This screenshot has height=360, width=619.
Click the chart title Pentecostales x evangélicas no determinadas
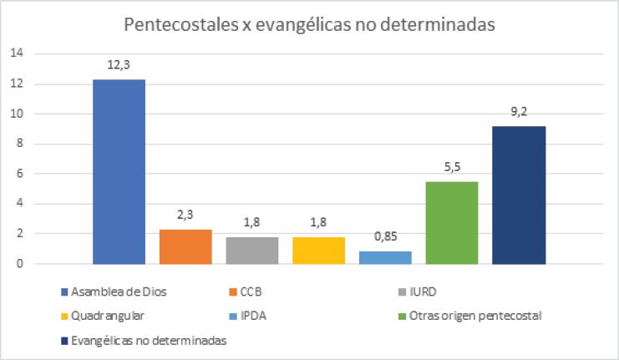[x=310, y=24]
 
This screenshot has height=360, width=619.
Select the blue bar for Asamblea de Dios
[x=119, y=171]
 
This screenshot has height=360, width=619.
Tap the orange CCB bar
[x=185, y=246]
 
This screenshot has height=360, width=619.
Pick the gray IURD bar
[x=251, y=250]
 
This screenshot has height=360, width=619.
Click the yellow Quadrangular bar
[x=318, y=250]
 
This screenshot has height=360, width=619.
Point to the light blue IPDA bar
[x=385, y=257]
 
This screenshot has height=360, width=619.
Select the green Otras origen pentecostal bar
[x=452, y=222]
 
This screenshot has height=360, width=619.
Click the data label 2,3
[x=185, y=214]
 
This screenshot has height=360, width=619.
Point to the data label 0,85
[x=385, y=236]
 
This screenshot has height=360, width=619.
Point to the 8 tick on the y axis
[x=20, y=144]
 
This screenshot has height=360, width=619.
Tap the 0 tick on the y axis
[x=20, y=264]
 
